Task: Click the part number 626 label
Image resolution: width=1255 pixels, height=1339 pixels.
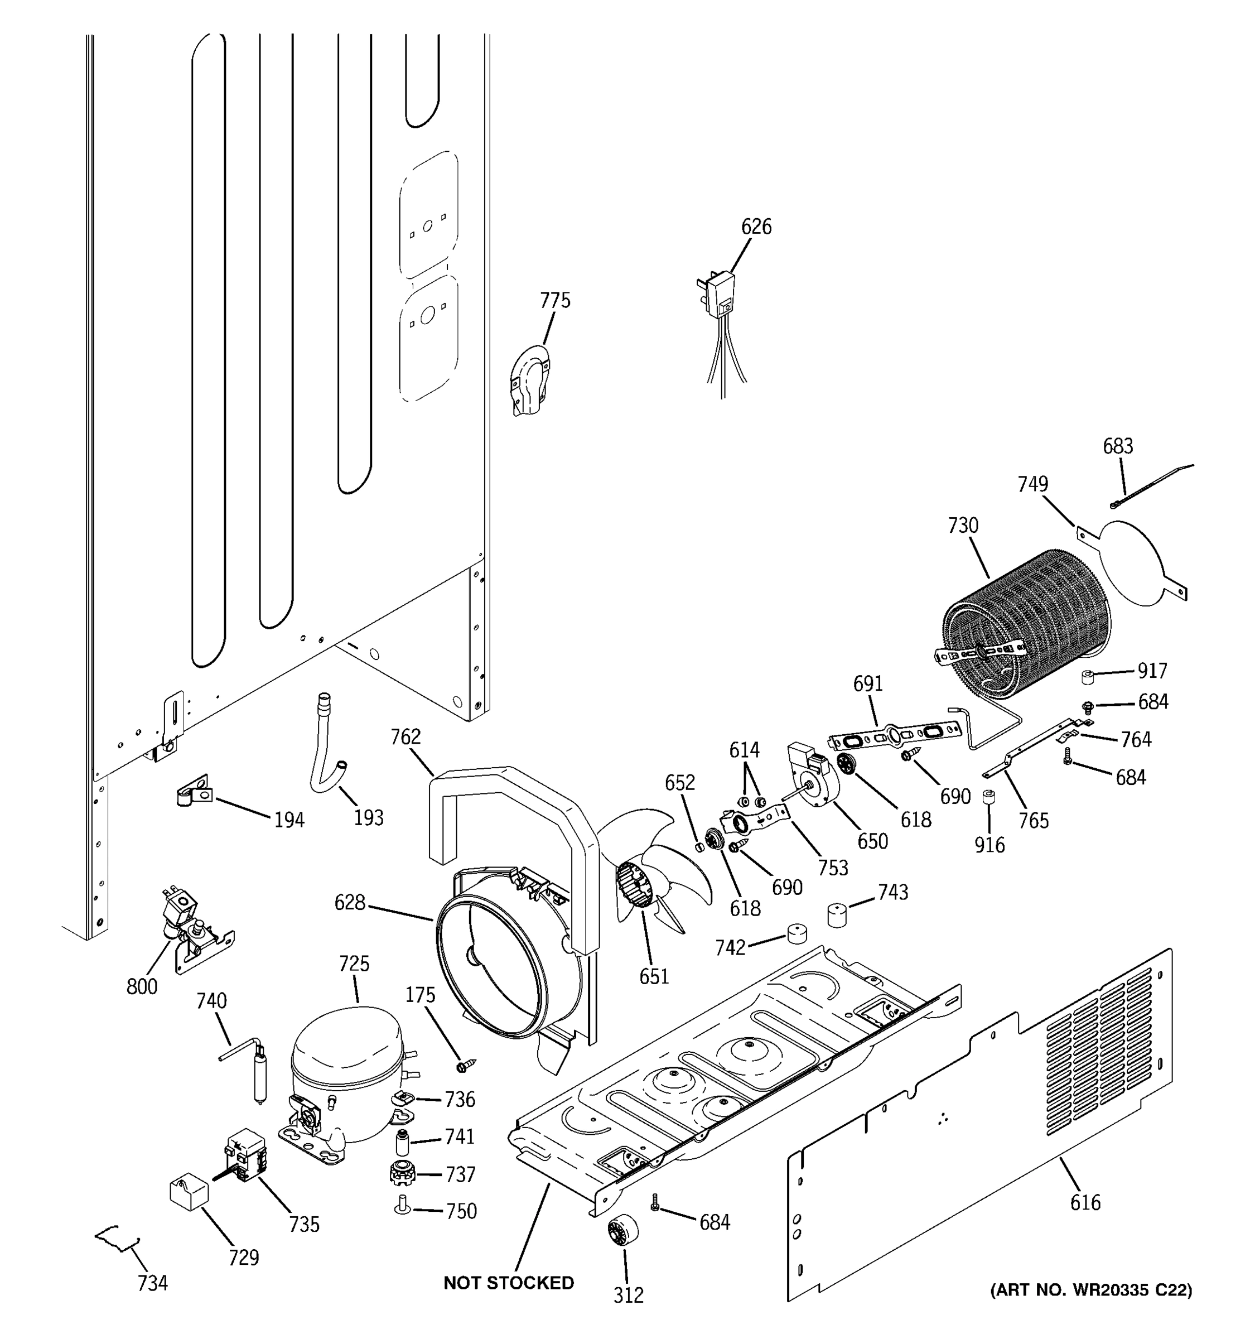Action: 756,227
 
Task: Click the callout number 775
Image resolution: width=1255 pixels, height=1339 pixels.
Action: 555,300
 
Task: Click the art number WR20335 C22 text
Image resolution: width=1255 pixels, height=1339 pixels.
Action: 1090,1290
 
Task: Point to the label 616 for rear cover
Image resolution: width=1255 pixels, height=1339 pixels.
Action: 1085,1202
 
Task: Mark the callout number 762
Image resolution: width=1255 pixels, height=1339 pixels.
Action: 406,738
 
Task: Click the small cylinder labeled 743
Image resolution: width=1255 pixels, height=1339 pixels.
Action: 836,914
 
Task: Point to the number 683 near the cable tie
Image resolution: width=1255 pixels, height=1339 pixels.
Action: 1118,446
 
